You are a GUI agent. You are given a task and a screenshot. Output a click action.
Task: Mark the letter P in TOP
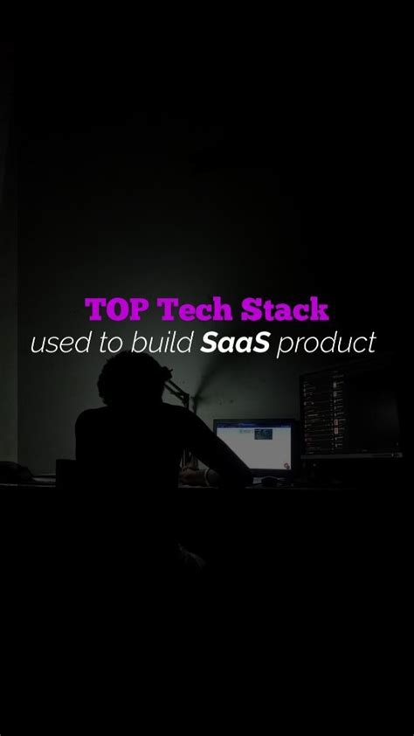(x=141, y=309)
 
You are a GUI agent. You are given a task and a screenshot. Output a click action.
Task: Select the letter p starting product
(x=286, y=344)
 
